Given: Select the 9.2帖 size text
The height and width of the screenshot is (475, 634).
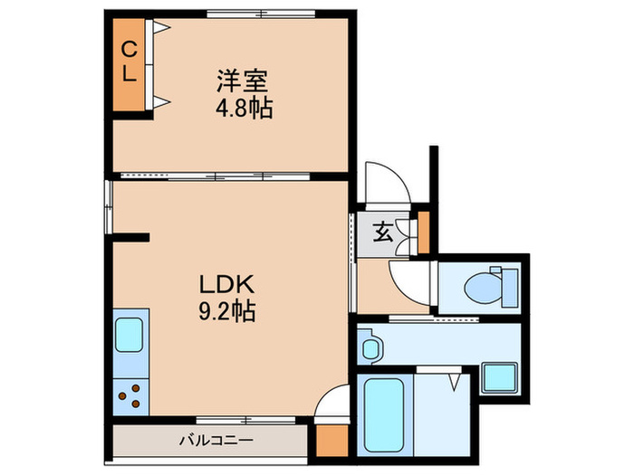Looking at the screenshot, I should click(226, 312).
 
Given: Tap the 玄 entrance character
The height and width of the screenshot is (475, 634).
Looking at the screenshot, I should click(381, 233).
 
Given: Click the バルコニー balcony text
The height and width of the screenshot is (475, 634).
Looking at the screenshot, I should click(215, 441).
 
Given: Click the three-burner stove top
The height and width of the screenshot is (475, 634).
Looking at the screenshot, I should click(130, 394).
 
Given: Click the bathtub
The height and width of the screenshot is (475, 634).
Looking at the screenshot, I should click(384, 413).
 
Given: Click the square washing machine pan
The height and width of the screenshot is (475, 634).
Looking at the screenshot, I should click(498, 376).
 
